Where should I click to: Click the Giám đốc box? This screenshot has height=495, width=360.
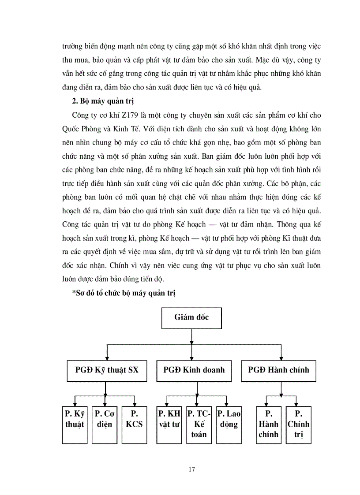click(x=191, y=317)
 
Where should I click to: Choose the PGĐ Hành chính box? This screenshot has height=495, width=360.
click(x=281, y=370)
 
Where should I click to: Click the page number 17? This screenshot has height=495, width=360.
click(x=191, y=469)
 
